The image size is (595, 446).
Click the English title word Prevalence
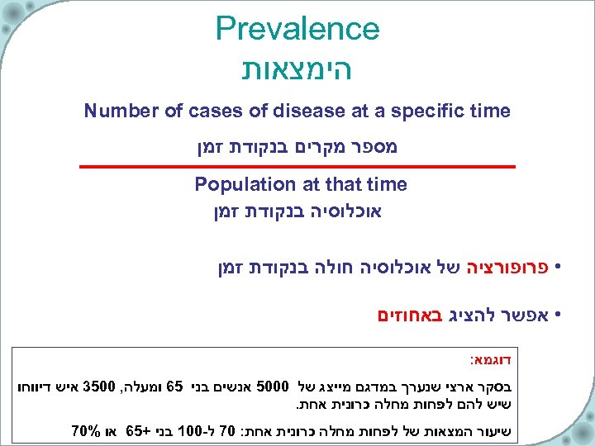tap(297, 29)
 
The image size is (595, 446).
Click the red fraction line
tap(297, 167)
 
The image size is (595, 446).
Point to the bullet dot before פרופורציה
tap(559, 268)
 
